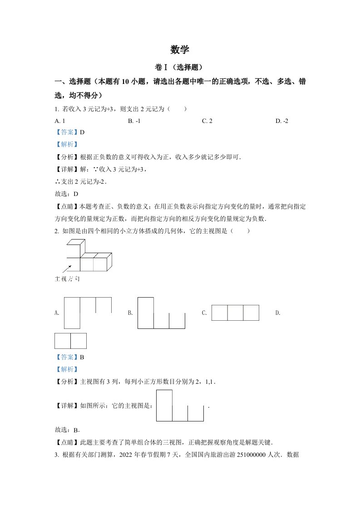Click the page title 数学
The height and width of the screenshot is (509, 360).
coord(180,49)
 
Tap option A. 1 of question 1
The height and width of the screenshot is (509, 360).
coord(59,121)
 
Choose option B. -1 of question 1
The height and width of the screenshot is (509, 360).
coord(133,121)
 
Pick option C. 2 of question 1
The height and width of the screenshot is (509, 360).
coord(207,121)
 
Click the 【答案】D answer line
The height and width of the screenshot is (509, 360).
coord(69,132)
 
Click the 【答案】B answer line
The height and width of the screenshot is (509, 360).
coord(69,357)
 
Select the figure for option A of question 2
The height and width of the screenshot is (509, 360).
coord(88,313)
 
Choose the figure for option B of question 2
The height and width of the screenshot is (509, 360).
coord(161,313)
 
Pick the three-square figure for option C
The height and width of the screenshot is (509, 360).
coord(235,313)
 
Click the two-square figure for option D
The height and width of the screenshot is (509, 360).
coord(70,341)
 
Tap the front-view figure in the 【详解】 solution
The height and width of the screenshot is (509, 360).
coord(180,406)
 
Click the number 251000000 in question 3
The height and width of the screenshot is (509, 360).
coord(252,455)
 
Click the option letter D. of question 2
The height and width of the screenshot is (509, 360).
coord(278,313)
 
